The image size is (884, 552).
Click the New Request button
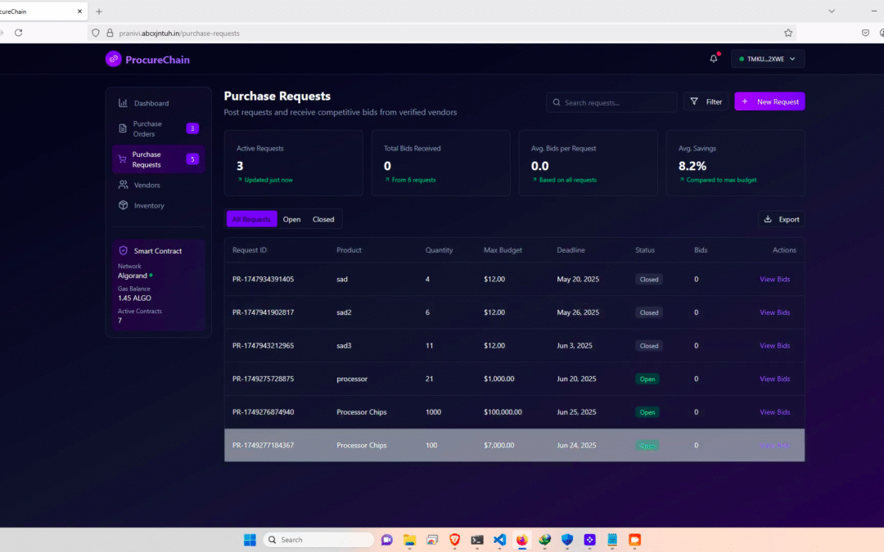coord(769,101)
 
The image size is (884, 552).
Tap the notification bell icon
coord(714,59)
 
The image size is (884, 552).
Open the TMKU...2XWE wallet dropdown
coord(767,59)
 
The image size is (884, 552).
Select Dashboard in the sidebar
coord(151,103)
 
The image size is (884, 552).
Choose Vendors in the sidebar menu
coord(147,186)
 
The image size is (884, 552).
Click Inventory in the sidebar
coord(149,206)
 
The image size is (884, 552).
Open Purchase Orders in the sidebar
coord(147,129)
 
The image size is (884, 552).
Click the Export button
coord(781,219)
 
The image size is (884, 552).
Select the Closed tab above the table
coord(323,219)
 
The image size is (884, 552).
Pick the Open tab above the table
coord(291,219)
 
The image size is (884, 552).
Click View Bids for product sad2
coord(774,312)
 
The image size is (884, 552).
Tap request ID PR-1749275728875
coord(263,379)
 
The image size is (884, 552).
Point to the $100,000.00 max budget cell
coord(503,412)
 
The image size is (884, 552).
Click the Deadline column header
coord(571,250)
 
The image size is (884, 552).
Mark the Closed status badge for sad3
coord(649,346)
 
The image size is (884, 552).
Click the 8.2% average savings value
coord(692,166)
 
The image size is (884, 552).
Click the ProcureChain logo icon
coord(113,59)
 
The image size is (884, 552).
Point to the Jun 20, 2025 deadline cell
coord(576,379)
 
